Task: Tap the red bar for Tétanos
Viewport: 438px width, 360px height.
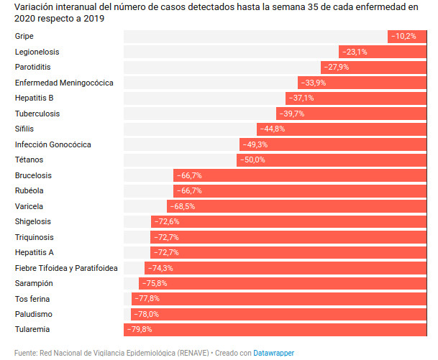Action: (331, 160)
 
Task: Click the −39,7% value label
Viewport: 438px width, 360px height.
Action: (291, 114)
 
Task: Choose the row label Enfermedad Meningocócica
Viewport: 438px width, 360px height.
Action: (64, 83)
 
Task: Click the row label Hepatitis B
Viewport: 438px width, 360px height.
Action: (35, 98)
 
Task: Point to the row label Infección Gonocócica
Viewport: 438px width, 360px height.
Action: (53, 144)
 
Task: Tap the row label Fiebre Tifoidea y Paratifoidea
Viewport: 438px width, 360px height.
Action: (66, 268)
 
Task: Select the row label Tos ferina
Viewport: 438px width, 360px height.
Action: (32, 299)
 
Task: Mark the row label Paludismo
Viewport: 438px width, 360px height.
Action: (34, 314)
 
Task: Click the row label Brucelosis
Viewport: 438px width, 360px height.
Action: (33, 175)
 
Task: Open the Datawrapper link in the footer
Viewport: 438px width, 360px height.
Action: (273, 353)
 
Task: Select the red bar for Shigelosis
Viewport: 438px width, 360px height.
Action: (288, 221)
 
